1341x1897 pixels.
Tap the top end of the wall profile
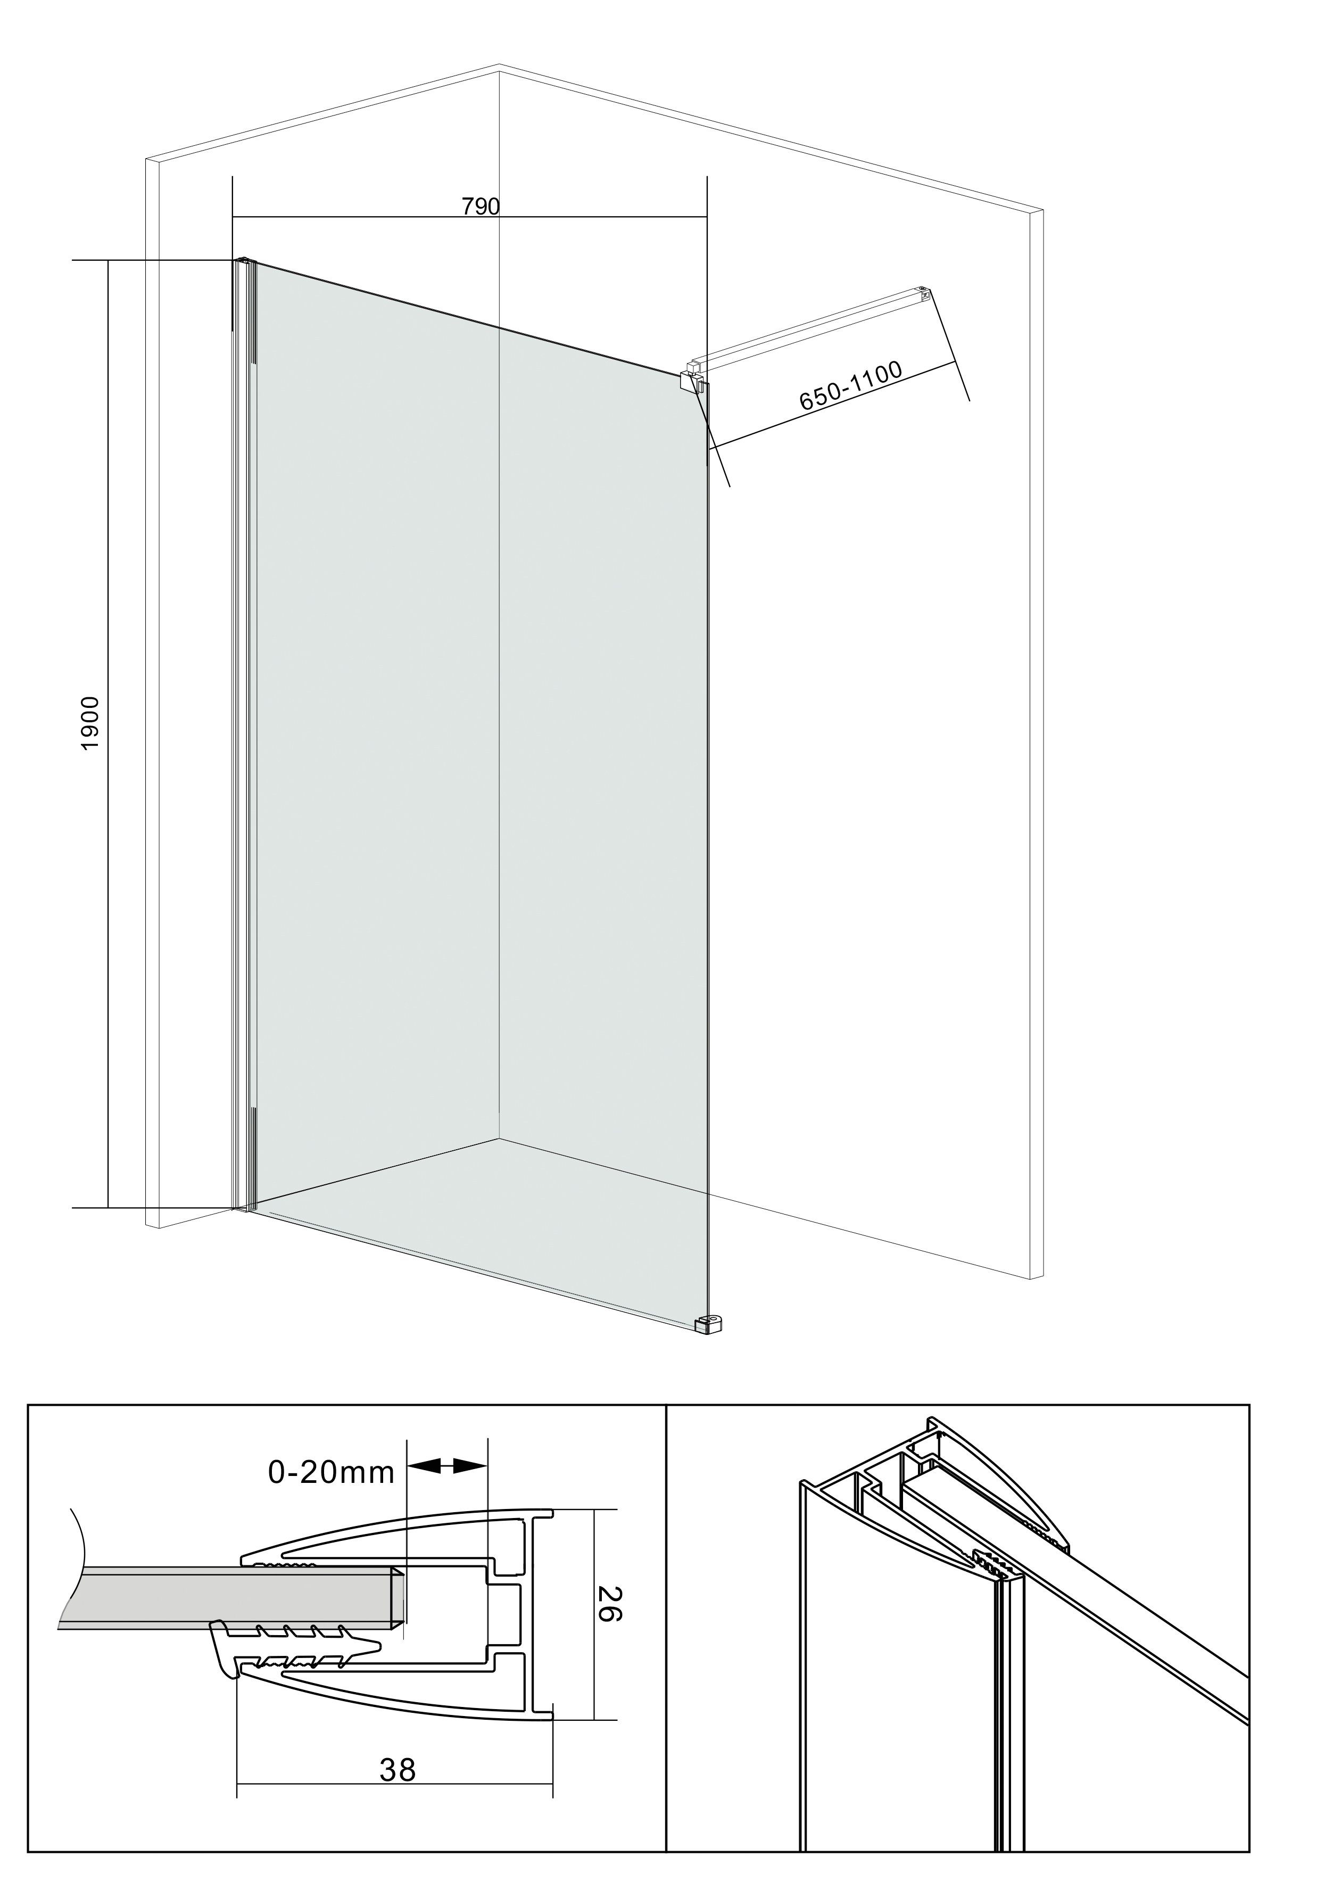[x=245, y=263]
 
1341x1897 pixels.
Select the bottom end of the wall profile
[x=245, y=1207]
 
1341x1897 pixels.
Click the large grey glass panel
[x=479, y=744]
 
